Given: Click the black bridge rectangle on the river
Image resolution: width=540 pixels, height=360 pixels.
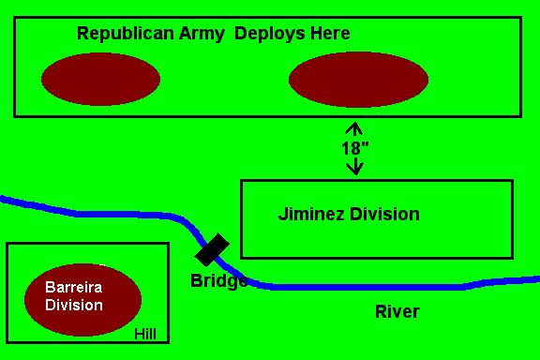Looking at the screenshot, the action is click(212, 249).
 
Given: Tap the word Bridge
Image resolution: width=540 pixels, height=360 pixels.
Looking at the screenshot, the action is click(219, 280).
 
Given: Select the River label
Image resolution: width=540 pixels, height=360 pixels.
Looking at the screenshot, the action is click(397, 312).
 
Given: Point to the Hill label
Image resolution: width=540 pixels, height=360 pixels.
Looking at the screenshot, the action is click(145, 334).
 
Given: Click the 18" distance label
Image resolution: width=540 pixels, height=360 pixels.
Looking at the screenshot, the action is click(354, 148).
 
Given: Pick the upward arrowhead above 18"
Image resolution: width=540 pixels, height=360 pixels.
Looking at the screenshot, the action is click(354, 128).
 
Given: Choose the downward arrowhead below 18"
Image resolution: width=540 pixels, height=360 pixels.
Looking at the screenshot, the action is click(354, 168).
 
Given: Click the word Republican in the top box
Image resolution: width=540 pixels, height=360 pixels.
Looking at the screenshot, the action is click(126, 34).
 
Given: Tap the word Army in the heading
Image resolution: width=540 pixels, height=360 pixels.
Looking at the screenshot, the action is click(202, 34).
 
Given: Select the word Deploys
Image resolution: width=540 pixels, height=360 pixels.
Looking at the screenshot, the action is click(270, 34).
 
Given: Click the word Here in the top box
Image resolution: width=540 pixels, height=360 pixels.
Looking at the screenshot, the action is click(330, 34).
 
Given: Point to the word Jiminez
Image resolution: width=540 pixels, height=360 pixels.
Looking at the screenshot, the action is click(311, 214).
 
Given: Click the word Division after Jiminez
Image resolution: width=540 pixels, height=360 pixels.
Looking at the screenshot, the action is click(384, 214).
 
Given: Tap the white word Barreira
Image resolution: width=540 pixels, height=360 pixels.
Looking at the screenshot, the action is click(74, 287).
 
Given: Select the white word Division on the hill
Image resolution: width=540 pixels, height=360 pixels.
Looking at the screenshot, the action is click(74, 306).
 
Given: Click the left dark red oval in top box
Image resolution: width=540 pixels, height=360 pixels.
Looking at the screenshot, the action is click(100, 79).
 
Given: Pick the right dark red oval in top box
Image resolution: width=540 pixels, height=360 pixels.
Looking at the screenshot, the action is click(358, 80).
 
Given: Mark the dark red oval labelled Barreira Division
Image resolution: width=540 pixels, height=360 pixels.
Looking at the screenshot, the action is click(83, 300).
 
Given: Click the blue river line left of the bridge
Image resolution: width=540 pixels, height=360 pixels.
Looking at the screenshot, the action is click(103, 215).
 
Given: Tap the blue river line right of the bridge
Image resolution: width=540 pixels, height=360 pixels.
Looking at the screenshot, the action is click(379, 287).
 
